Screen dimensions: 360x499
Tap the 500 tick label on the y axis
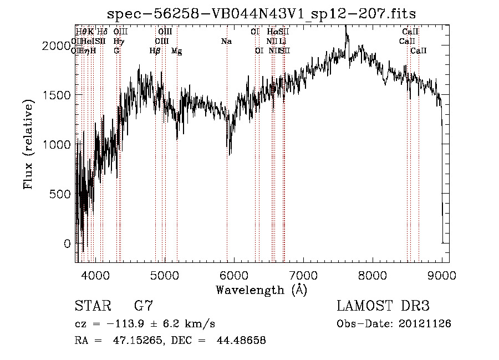[59, 194]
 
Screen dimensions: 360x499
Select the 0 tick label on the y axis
[67, 244]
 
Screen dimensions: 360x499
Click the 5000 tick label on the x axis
[164, 275]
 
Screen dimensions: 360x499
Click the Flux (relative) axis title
[29, 144]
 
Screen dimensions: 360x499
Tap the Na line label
[226, 42]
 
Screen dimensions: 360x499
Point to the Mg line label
[176, 51]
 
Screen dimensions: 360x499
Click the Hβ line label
[155, 51]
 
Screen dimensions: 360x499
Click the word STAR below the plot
[91, 306]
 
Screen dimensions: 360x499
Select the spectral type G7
[144, 306]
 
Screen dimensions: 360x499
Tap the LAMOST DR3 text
[383, 306]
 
